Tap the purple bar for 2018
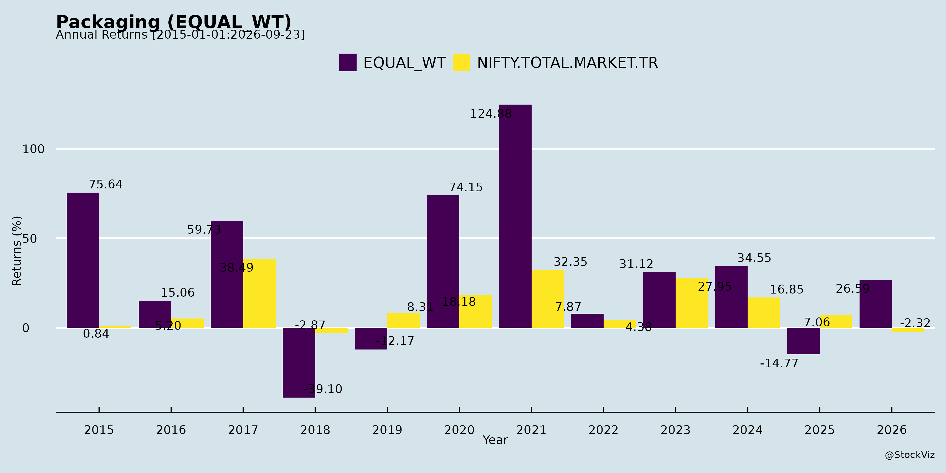pyautogui.click(x=299, y=362)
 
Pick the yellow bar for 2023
pyautogui.click(x=692, y=303)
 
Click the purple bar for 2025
pyautogui.click(x=804, y=341)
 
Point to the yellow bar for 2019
pyautogui.click(x=404, y=320)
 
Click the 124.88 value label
pyautogui.click(x=491, y=114)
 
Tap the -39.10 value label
pyautogui.click(x=323, y=389)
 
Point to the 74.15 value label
pyautogui.click(x=466, y=187)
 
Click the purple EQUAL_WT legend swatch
pyautogui.click(x=348, y=63)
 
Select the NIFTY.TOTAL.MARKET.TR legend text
pyautogui.click(x=567, y=63)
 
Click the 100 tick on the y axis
pyautogui.click(x=33, y=149)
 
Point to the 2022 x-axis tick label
pyautogui.click(x=603, y=430)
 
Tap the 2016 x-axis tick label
pyautogui.click(x=171, y=430)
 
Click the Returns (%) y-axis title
pyautogui.click(x=17, y=251)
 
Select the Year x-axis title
pyautogui.click(x=495, y=440)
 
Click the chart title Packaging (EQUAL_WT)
pyautogui.click(x=174, y=22)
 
